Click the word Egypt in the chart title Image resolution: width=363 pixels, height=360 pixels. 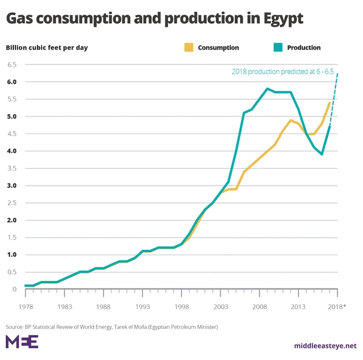click(280, 19)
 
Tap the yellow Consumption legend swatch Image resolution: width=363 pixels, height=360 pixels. click(188, 47)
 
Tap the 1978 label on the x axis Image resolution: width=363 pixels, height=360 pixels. click(26, 307)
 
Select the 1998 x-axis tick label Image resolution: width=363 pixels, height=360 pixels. click(181, 307)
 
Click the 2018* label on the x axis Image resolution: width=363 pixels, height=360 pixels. click(338, 307)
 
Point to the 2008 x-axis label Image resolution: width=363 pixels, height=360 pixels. click(259, 307)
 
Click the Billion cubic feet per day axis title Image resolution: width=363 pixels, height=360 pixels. click(47, 47)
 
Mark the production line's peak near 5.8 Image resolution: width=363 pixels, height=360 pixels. click(267, 89)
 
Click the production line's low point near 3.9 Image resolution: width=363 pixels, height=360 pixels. click(322, 154)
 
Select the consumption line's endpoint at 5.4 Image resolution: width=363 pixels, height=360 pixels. click(330, 103)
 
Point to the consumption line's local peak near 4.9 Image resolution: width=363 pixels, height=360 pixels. click(290, 120)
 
